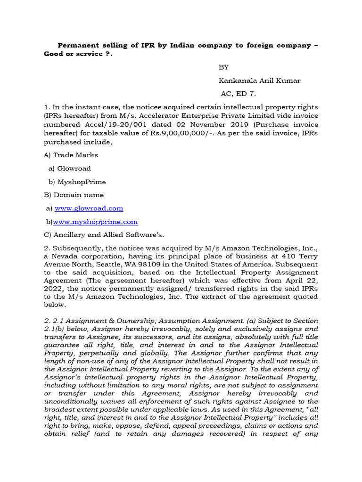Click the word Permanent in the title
tap(77, 46)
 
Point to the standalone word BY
tap(223, 67)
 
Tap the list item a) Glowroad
tap(69, 168)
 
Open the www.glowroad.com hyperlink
tap(89, 208)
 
